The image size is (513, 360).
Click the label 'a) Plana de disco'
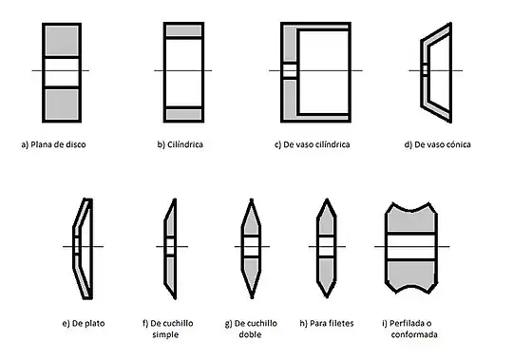[x=53, y=144]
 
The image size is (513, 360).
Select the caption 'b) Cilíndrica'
[x=180, y=144]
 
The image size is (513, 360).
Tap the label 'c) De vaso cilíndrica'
[x=313, y=144]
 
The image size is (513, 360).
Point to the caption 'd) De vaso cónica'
[x=437, y=144]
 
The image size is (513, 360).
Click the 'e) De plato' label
[x=84, y=323]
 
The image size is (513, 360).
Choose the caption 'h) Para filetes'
[x=327, y=323]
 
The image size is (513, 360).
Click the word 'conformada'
[x=414, y=334]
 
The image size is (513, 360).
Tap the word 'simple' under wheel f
[x=165, y=334]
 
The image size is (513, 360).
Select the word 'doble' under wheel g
[x=250, y=334]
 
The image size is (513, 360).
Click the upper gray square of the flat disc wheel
[x=62, y=41]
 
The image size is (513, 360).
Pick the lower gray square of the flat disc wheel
[x=62, y=104]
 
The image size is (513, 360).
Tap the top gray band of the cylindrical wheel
[x=184, y=30]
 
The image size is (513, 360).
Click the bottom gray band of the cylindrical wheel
[x=184, y=114]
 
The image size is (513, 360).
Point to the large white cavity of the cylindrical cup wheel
[x=324, y=72]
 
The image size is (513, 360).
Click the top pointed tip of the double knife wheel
[x=251, y=199]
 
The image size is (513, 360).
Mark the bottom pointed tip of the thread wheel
[x=327, y=296]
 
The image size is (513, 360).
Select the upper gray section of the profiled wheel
[x=411, y=220]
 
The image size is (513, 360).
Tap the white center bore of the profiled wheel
[x=411, y=247]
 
